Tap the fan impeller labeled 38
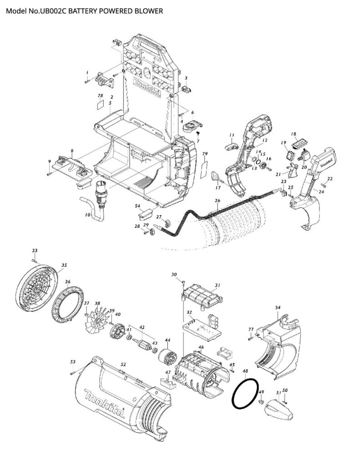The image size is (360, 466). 96,318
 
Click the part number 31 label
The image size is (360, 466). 218,285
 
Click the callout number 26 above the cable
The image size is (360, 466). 217,201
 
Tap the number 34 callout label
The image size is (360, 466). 277,308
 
